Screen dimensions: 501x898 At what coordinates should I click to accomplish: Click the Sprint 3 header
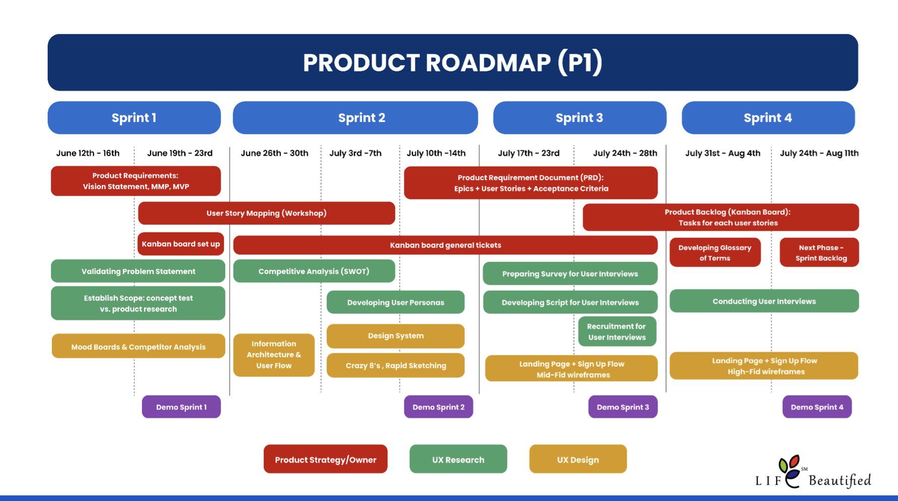click(579, 118)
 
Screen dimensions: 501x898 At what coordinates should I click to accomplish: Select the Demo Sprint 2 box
click(438, 407)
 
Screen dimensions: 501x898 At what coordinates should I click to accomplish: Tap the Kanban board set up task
click(181, 244)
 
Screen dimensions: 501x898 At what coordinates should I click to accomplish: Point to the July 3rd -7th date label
click(355, 153)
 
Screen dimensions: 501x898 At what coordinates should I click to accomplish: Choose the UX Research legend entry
click(458, 459)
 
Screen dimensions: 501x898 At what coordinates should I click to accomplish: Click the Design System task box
click(396, 336)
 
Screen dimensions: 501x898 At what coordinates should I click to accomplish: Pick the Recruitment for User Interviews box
click(617, 332)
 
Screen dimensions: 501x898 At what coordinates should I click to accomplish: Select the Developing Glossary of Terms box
click(715, 253)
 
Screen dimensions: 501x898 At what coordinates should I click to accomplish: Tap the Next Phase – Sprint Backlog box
click(819, 253)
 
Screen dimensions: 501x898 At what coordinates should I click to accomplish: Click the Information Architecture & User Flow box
click(274, 355)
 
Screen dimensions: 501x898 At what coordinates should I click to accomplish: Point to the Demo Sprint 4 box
click(817, 407)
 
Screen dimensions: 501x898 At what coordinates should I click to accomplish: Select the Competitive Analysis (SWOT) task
click(314, 271)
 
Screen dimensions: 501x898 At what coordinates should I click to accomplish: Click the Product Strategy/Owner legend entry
click(326, 459)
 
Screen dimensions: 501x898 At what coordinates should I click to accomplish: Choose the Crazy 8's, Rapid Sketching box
click(396, 366)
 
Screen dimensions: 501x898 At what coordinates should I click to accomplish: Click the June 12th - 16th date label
click(88, 153)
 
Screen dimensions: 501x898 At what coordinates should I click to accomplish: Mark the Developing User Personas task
click(396, 302)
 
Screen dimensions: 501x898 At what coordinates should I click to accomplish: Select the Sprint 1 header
click(134, 118)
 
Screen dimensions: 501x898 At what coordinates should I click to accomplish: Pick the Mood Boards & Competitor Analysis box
click(138, 347)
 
